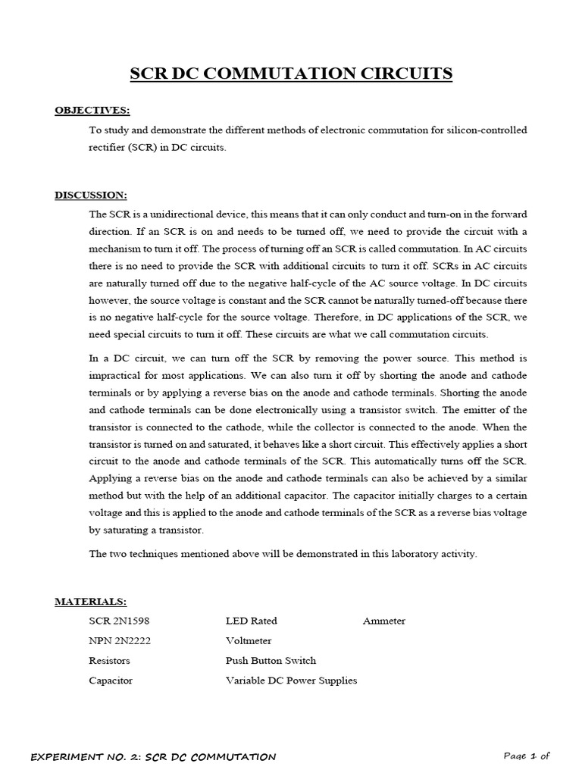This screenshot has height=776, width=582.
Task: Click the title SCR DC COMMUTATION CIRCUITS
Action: coord(291,74)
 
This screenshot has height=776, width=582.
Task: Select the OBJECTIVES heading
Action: coord(92,111)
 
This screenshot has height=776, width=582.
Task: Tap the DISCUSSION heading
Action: coord(90,195)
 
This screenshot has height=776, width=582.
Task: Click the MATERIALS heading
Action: coord(90,601)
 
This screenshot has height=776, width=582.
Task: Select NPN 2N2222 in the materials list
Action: coord(120,640)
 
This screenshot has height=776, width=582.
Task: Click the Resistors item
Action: coord(109,660)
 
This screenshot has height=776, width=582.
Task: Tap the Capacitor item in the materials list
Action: coord(111,681)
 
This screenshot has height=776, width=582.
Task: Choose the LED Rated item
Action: coord(251,621)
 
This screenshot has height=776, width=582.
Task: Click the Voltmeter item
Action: coord(249,640)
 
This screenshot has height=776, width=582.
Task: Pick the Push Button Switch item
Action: coord(271,660)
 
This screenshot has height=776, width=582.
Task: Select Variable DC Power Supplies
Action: coord(291,681)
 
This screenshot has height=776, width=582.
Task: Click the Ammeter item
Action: coord(383,621)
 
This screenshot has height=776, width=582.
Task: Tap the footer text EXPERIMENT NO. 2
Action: coord(152,756)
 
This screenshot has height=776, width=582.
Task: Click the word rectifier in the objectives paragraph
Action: coord(106,148)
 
